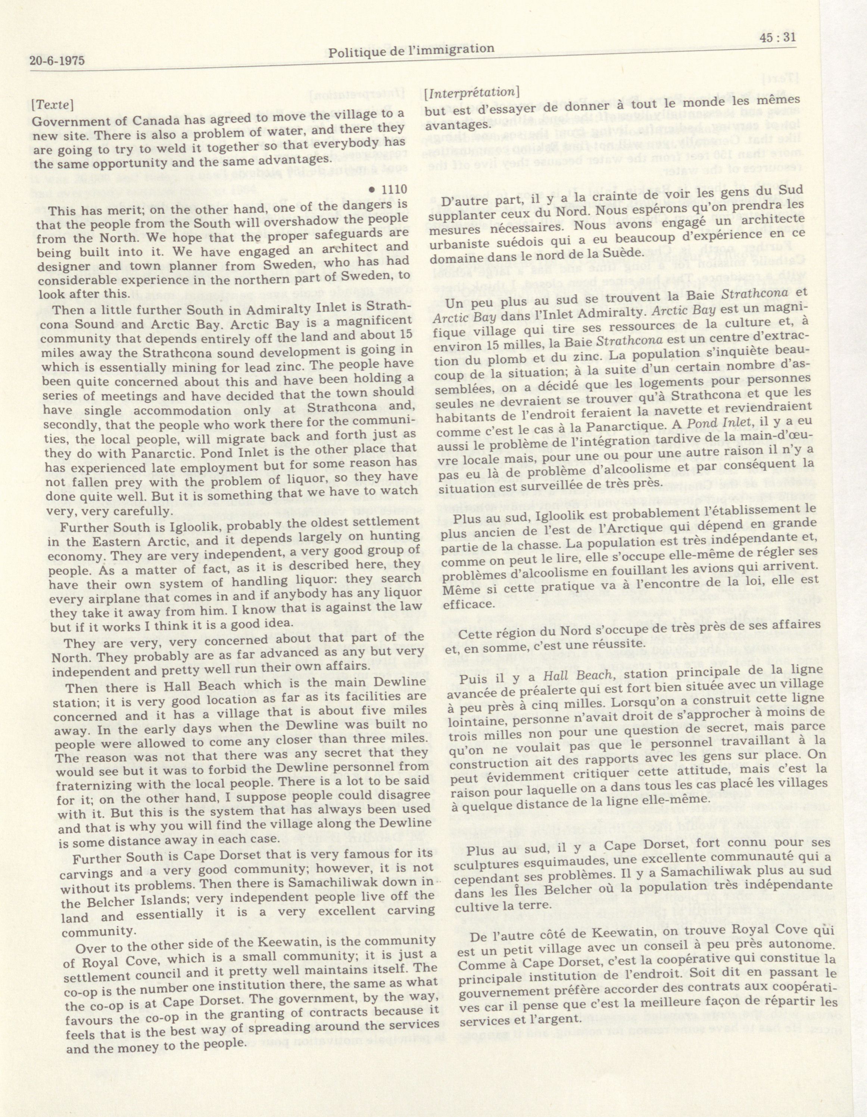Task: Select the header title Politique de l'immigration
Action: [411, 50]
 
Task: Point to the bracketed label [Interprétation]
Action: [472, 93]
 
